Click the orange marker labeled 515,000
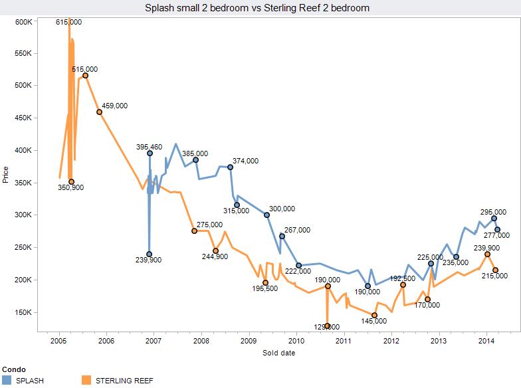pos(85,76)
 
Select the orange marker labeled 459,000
pos(100,112)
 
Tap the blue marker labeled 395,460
pos(150,153)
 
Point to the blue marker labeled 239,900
pos(149,254)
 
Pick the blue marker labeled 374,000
pos(230,167)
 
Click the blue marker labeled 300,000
pos(266,215)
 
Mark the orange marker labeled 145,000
pos(374,315)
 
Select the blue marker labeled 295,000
pos(494,218)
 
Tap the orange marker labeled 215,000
pos(495,270)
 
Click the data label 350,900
pos(70,188)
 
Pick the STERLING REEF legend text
pos(125,380)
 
